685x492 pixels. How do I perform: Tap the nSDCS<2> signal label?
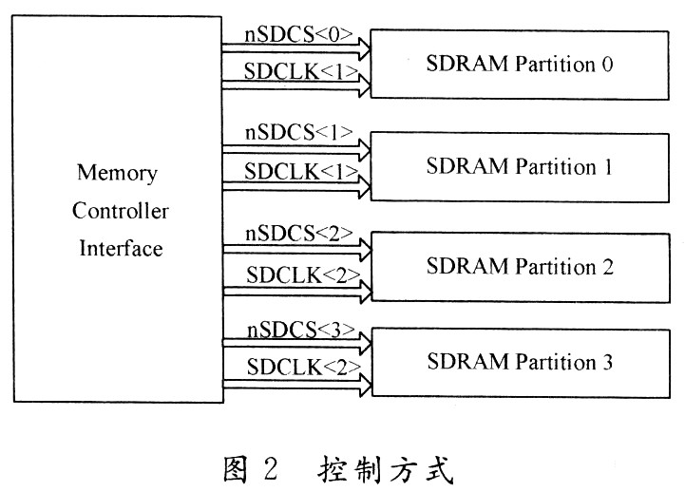(299, 233)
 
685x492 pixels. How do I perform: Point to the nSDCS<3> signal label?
(299, 331)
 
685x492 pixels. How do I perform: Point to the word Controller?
(120, 212)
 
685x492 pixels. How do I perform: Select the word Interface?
(121, 249)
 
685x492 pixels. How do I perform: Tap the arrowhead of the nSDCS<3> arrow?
(363, 343)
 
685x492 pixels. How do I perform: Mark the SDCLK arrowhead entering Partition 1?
(363, 184)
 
